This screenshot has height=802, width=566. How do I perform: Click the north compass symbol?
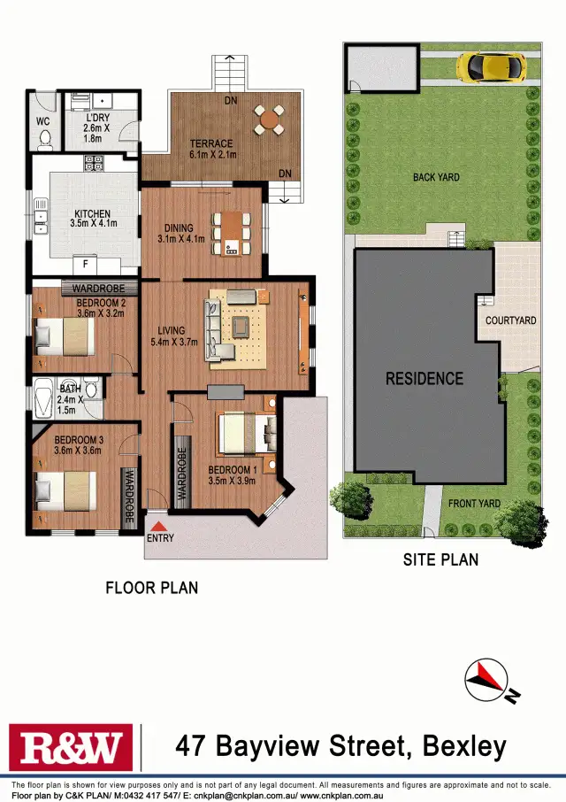coord(486,680)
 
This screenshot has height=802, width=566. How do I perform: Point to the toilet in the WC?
coord(44,137)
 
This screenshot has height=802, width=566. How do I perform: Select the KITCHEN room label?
coord(92,213)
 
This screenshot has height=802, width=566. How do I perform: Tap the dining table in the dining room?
coord(231,233)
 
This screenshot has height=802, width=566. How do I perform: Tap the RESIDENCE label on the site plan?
coord(424,378)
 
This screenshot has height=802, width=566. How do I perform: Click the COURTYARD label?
coord(510,320)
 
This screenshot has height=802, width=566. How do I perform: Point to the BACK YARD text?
coord(436,177)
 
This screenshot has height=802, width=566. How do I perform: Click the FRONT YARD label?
coord(474,504)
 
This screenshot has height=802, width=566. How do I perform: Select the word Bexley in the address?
coord(464,746)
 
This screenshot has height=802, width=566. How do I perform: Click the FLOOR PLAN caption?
coord(151,587)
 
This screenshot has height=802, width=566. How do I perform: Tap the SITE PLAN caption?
coord(440,559)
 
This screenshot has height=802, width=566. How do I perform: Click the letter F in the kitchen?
coord(85,264)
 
